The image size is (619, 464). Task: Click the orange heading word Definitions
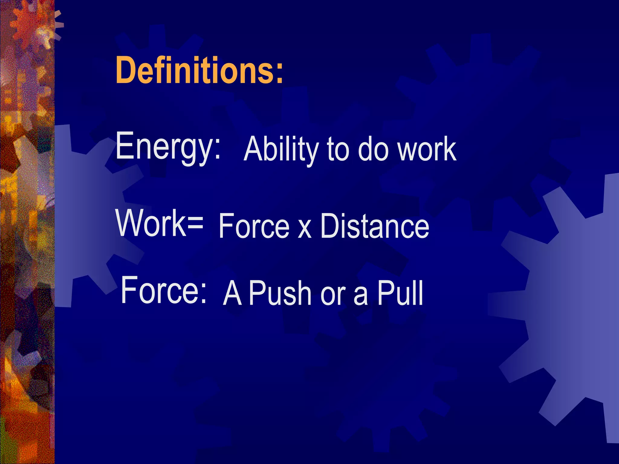point(195,70)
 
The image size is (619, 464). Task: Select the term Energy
point(164,146)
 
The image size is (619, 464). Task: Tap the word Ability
point(281,149)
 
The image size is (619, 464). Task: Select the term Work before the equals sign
point(151,223)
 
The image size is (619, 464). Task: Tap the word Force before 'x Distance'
point(254,226)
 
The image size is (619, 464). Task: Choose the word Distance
point(374,226)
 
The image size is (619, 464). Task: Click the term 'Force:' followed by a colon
point(163,290)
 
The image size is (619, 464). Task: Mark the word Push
point(280,293)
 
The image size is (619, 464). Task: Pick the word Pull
point(400,293)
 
